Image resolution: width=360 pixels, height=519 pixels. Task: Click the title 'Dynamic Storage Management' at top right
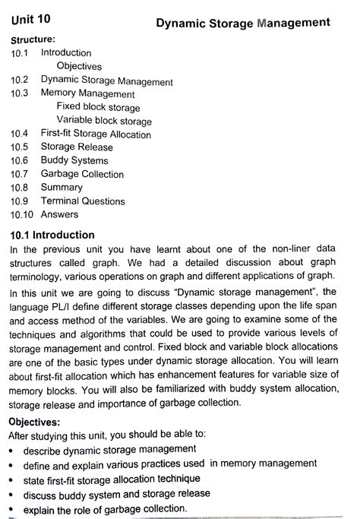[242, 23]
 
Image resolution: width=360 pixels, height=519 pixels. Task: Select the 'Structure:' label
[33, 39]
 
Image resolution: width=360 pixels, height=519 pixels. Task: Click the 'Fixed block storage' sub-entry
[98, 108]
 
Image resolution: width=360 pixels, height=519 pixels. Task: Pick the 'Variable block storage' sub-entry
[104, 122]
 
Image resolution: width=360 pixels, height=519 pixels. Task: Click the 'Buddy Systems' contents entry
[74, 161]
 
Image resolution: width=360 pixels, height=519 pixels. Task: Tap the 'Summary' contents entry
[62, 188]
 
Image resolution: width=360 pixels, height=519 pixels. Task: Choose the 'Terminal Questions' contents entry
[83, 201]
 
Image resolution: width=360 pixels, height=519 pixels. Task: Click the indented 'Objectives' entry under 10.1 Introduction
[79, 66]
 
